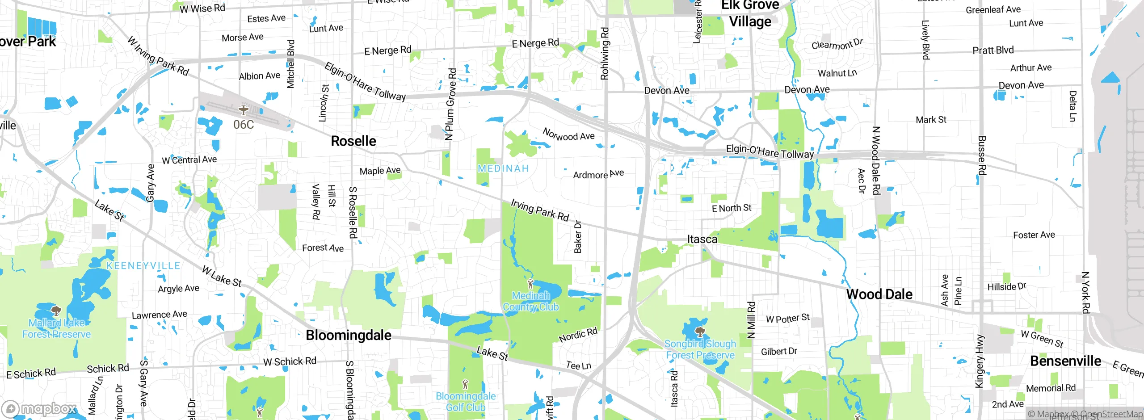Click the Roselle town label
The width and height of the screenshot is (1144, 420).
[x=353, y=141]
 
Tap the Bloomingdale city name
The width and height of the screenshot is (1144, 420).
[x=348, y=336]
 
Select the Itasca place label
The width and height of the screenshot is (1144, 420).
[x=702, y=239]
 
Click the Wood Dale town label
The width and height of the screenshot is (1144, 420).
[x=879, y=294]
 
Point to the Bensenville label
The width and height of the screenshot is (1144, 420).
[x=1065, y=361]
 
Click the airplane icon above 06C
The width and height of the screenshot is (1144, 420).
[x=244, y=109]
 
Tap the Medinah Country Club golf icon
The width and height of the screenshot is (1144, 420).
[x=530, y=283]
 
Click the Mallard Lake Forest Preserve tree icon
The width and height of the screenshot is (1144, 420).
[x=56, y=311]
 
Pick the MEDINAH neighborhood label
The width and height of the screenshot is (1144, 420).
[x=503, y=169]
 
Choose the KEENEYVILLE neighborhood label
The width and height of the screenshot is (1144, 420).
[x=143, y=266]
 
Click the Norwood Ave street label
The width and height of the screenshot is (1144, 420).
[x=568, y=134]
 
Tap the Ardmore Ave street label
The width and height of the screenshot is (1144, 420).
[x=598, y=174]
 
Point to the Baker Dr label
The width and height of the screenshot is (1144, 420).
[x=578, y=237]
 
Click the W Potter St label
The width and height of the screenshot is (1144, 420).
[x=787, y=319]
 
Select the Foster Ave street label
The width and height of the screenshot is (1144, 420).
[x=1034, y=235]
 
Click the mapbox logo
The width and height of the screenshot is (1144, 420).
[x=39, y=409]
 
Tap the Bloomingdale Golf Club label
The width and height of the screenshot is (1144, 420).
[x=466, y=402]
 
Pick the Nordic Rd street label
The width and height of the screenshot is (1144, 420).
[x=578, y=335]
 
